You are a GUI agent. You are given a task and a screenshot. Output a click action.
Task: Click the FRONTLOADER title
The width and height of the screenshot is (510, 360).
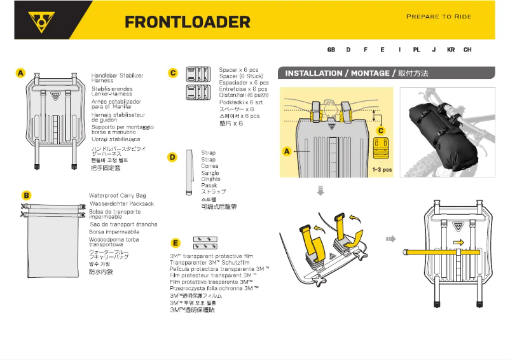[188, 22]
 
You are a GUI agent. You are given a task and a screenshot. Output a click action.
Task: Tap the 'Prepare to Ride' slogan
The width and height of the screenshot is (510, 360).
[438, 17]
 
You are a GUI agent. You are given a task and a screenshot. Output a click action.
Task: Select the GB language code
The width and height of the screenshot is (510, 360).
[331, 50]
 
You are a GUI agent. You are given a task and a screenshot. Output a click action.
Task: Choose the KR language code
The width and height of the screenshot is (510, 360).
[451, 50]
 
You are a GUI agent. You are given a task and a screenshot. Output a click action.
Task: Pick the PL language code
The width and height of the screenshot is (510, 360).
[417, 50]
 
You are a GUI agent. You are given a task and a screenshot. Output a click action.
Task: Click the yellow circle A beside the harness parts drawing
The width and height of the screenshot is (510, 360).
[21, 74]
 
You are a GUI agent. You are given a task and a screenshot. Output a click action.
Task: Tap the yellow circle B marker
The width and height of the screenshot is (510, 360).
[26, 195]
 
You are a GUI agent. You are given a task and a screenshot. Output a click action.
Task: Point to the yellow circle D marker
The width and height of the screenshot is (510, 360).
[172, 157]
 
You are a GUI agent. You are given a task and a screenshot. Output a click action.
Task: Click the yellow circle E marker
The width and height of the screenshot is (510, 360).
[176, 242]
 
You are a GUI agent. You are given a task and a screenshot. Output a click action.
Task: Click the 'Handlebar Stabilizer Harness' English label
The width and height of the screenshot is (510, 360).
[117, 78]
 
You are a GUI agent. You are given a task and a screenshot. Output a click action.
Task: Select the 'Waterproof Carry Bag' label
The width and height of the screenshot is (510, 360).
[117, 195]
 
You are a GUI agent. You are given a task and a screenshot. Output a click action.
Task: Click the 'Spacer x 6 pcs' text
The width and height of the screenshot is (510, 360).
[238, 69]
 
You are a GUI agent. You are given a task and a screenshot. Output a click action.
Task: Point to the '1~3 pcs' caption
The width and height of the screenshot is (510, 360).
[382, 170]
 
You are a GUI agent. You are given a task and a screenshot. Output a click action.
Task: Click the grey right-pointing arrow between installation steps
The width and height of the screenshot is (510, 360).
[390, 239]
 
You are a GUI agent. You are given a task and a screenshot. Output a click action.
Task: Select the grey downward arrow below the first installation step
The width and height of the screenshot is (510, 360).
[320, 190]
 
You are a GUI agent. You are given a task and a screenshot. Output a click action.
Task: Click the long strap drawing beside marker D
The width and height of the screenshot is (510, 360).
[189, 173]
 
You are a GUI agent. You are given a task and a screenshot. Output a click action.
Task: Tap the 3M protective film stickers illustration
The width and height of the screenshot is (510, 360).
[205, 242]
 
